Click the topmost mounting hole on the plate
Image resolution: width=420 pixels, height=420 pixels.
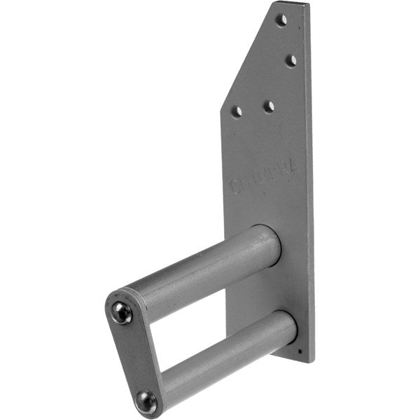(281, 20)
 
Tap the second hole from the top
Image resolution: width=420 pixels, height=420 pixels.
(290, 60)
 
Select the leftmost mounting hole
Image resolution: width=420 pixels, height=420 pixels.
(237, 111)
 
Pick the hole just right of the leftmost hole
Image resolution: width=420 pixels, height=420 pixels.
(269, 106)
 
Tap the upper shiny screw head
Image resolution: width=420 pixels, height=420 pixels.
(122, 312)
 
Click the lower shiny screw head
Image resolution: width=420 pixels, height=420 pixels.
(146, 401)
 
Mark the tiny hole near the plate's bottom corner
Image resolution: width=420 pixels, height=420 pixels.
(300, 351)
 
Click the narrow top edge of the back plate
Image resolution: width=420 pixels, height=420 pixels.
(290, 4)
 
